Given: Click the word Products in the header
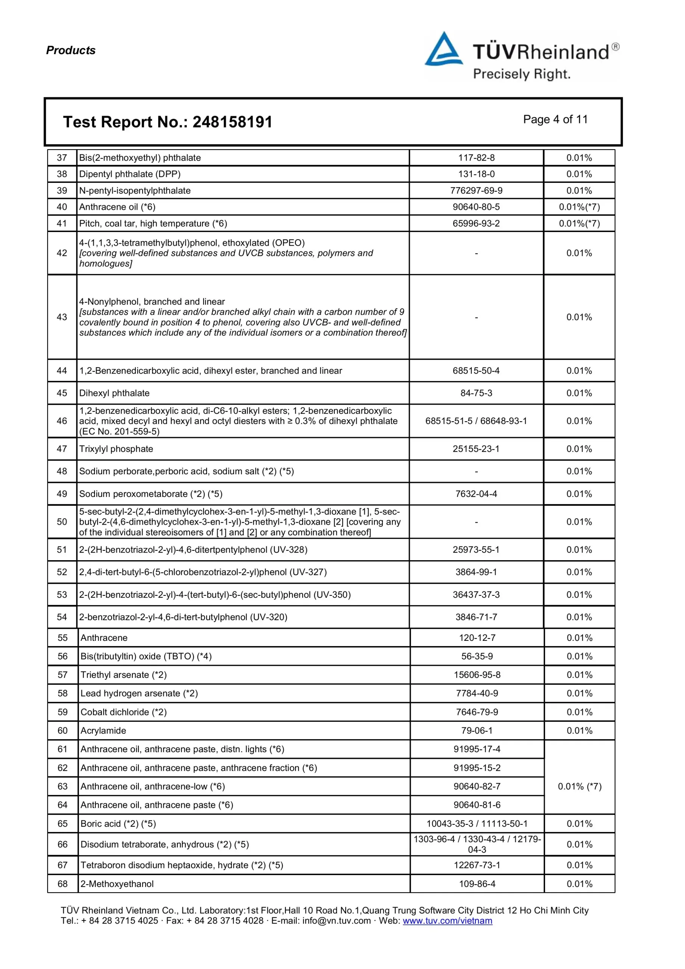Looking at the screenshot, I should (70, 50).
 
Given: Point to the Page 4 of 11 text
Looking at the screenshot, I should (555, 120).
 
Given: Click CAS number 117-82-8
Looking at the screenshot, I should (476, 158).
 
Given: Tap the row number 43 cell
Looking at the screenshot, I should (62, 317).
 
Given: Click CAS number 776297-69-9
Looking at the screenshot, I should (476, 190).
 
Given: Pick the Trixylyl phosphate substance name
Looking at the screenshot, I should (116, 449).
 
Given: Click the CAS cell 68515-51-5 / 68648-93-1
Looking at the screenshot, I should (476, 421).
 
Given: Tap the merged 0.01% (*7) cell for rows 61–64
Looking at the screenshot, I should (579, 786).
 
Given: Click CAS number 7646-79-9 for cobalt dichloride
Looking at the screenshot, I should (477, 712).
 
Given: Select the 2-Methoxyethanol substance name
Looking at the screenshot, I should (117, 884).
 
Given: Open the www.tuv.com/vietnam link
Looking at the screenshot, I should (447, 921).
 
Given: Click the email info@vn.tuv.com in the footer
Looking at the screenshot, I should (336, 921).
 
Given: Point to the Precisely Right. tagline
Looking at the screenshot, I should (521, 74).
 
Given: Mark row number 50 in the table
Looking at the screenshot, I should (62, 522).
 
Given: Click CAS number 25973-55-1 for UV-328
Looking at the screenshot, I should (476, 550).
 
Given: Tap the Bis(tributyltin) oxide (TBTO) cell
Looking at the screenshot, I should (146, 656).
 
